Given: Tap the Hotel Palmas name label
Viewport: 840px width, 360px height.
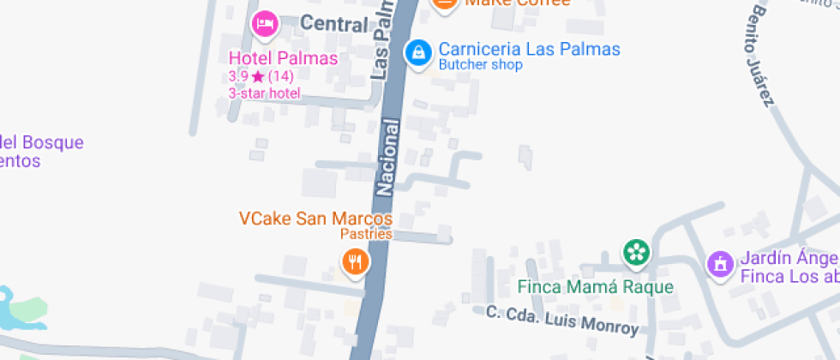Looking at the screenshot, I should (283, 58).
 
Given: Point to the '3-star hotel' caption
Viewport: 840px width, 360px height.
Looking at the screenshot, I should (264, 93).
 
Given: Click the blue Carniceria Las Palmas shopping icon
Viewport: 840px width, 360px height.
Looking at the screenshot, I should (417, 52).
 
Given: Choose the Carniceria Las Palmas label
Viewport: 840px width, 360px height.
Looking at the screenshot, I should (529, 49).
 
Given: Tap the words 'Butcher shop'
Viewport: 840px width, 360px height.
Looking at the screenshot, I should (480, 65).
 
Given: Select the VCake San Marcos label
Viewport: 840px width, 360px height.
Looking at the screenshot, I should (315, 219).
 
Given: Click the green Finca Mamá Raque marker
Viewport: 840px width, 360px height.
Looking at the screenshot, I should (636, 252).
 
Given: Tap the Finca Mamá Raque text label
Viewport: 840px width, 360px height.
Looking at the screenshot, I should (596, 287).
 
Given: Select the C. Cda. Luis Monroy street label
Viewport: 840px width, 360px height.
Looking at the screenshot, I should (562, 320).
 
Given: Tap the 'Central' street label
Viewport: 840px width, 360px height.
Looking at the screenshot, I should (334, 24).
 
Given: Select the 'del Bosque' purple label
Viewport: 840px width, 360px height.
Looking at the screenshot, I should (43, 142).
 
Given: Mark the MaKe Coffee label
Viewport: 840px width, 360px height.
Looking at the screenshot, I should (517, 3).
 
